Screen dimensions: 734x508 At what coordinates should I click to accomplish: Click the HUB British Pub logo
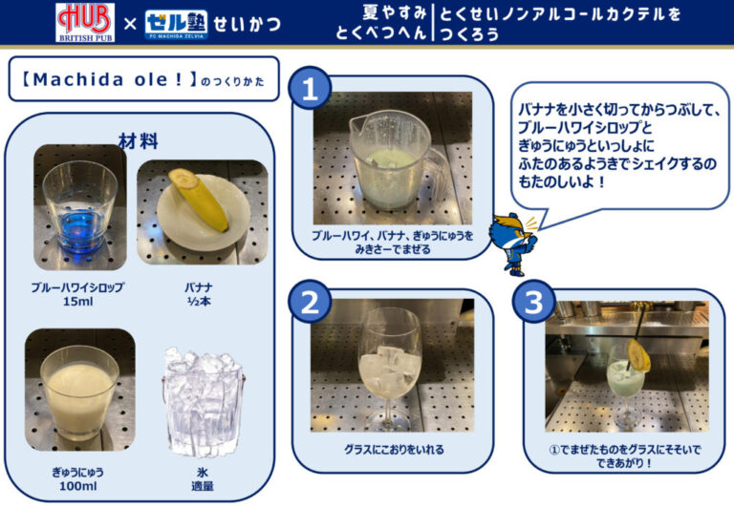85,23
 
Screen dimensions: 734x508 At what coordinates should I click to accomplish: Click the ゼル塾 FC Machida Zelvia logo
177,24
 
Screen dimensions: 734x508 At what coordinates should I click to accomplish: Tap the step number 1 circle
310,88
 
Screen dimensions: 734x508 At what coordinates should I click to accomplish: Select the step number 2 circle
310,302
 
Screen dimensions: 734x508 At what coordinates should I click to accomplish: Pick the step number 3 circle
533,302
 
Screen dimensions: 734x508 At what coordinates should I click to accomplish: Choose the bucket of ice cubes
203,402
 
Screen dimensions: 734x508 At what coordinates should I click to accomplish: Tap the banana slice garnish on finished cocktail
639,356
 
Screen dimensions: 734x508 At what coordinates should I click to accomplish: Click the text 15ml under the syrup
78,301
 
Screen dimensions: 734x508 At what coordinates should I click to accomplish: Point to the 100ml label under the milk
78,486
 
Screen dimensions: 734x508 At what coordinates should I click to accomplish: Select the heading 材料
138,140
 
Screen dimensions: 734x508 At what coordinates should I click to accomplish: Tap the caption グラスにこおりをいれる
394,450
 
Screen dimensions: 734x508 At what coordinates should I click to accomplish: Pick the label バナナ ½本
199,294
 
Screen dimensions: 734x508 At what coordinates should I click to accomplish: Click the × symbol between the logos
130,23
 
